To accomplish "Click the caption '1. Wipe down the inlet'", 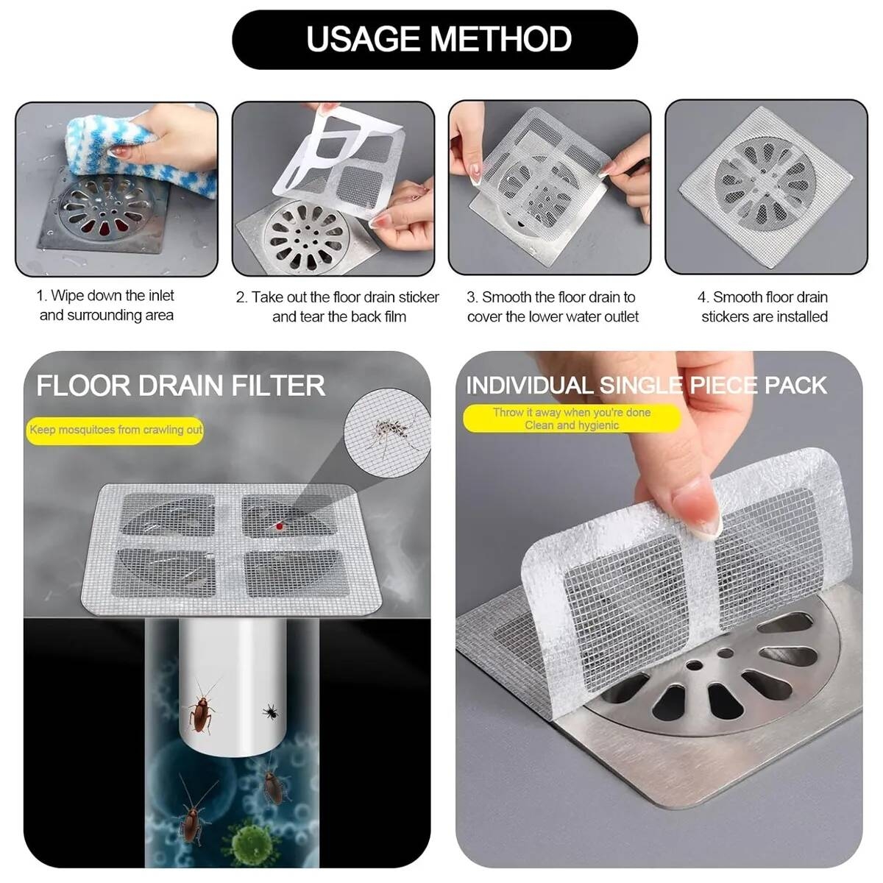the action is coord(105,296).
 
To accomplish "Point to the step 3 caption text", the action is coord(552,307).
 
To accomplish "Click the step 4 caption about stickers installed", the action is coord(764,307).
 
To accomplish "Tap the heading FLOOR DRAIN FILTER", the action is coord(180,386).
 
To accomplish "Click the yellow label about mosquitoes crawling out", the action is coord(115,430).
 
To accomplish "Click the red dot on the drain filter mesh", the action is coord(279,527).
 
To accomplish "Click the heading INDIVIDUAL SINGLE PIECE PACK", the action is coord(647,386).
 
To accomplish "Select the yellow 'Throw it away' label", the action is coord(572,419).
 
